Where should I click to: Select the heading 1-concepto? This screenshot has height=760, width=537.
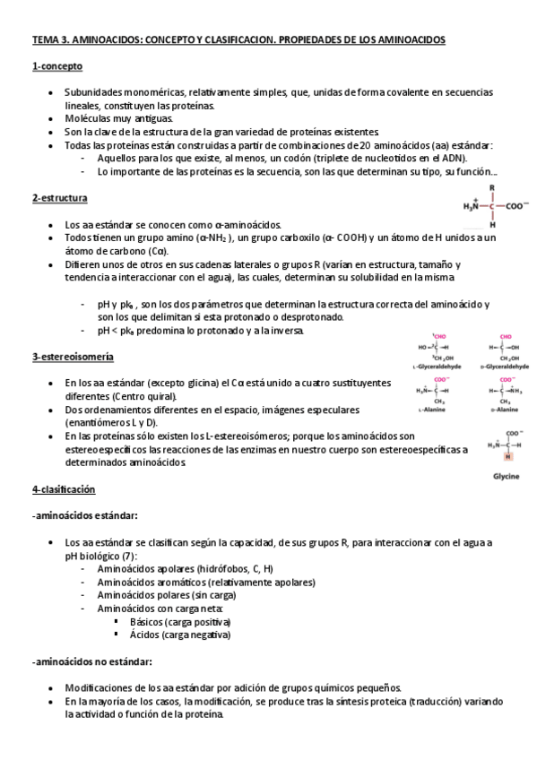pyautogui.click(x=57, y=67)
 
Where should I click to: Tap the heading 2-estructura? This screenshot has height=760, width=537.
pyautogui.click(x=61, y=197)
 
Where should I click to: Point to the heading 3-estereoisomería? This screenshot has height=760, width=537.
pyautogui.click(x=73, y=357)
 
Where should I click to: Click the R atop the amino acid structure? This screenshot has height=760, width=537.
pyautogui.click(x=491, y=187)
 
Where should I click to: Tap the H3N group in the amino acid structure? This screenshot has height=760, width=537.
pyautogui.click(x=471, y=205)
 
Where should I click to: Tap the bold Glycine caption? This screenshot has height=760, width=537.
pyautogui.click(x=506, y=476)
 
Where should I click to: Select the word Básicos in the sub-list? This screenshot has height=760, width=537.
pyautogui.click(x=148, y=621)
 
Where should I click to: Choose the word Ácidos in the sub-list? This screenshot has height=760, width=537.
pyautogui.click(x=146, y=635)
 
